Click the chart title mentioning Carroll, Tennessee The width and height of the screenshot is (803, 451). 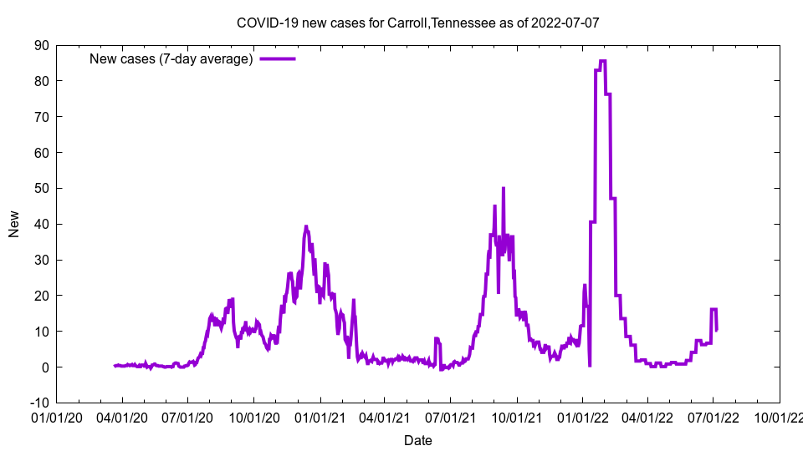click(x=417, y=23)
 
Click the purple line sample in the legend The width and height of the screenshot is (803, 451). click(x=277, y=58)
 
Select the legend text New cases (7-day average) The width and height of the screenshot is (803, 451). click(x=171, y=58)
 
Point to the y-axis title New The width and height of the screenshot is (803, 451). click(x=14, y=223)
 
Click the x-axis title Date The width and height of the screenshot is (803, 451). click(x=417, y=440)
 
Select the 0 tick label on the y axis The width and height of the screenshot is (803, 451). click(x=45, y=367)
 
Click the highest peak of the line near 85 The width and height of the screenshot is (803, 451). click(x=602, y=61)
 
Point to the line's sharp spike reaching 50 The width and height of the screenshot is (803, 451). click(x=504, y=189)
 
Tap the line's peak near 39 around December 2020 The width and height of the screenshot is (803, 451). click(x=306, y=226)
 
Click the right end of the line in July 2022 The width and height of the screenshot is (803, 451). click(x=716, y=330)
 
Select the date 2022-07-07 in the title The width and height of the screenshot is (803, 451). click(x=566, y=23)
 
